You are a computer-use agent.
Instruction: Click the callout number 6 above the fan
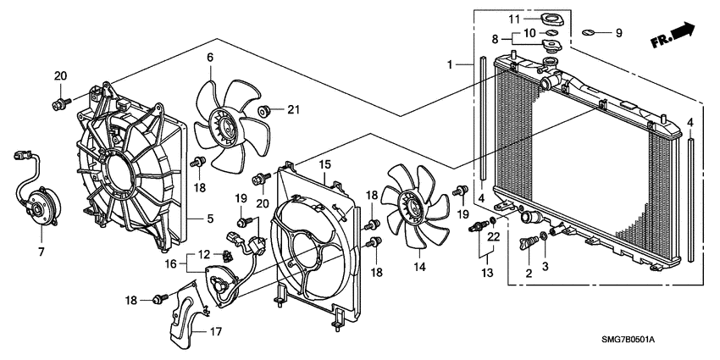click(209, 58)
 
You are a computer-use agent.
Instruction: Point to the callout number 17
click(215, 331)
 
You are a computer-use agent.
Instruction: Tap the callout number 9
click(618, 33)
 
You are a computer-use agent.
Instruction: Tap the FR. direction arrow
click(673, 36)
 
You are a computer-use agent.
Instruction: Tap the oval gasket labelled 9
click(590, 35)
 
